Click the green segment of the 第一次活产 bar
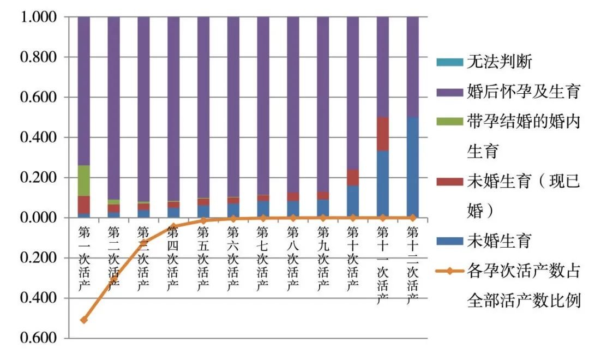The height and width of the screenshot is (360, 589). [84, 181]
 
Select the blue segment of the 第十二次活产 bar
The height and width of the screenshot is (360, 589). [413, 167]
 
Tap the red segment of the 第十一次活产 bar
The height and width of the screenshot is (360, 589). [383, 134]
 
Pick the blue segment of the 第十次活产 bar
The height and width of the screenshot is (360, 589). [353, 201]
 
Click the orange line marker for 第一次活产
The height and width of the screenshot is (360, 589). [84, 320]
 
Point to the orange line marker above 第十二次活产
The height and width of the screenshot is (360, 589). [413, 217]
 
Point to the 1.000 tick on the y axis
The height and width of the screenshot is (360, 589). [38, 17]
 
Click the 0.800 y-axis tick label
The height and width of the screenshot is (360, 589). [38, 57]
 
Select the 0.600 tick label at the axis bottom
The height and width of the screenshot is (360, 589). [38, 338]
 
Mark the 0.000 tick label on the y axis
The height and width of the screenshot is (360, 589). [38, 218]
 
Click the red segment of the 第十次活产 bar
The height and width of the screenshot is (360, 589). [353, 177]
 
